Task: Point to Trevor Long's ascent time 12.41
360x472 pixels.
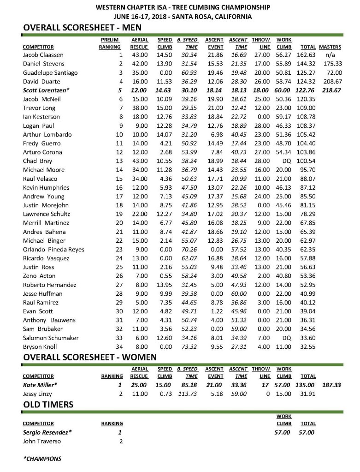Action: click(x=239, y=108)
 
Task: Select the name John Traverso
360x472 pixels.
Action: click(x=42, y=441)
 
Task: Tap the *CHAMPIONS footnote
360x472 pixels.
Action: click(x=42, y=459)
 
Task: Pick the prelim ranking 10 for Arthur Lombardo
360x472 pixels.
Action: click(x=117, y=134)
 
